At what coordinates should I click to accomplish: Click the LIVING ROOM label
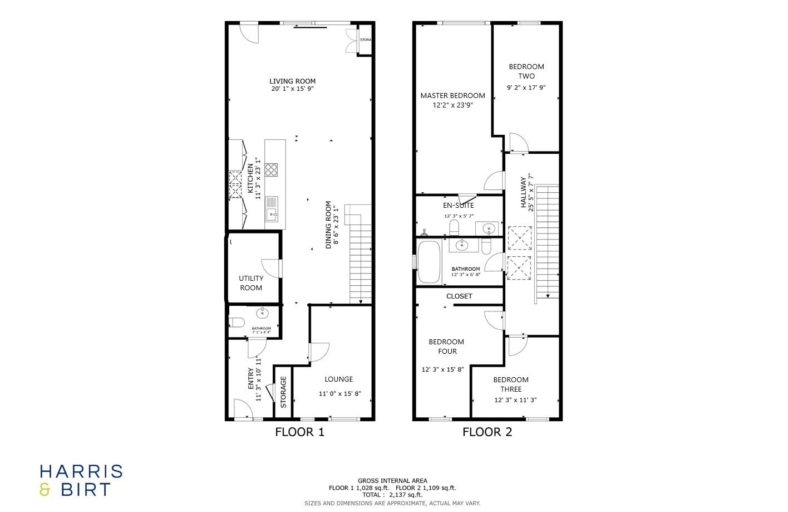[293, 81]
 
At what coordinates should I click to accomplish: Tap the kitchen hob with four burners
[271, 170]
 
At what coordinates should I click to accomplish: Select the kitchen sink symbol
[272, 209]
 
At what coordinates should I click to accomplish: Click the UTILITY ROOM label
[251, 283]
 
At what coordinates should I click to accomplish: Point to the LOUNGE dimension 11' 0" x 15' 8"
[339, 394]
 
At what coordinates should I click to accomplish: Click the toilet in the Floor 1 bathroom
[237, 323]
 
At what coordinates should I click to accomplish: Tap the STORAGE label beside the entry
[283, 392]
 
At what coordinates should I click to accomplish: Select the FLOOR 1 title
[299, 432]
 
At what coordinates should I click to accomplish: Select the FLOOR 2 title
[487, 432]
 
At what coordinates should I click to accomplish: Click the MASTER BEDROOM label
[452, 95]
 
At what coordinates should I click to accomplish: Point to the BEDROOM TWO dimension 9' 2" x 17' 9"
[526, 87]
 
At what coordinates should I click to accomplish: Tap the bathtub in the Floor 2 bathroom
[429, 262]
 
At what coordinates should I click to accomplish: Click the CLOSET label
[459, 296]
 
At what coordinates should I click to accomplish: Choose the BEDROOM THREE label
[511, 384]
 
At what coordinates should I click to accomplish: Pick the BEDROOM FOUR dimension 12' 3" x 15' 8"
[442, 369]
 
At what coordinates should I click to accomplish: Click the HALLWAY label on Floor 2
[524, 192]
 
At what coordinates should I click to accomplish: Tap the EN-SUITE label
[459, 205]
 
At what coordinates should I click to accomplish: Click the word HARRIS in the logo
[81, 471]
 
